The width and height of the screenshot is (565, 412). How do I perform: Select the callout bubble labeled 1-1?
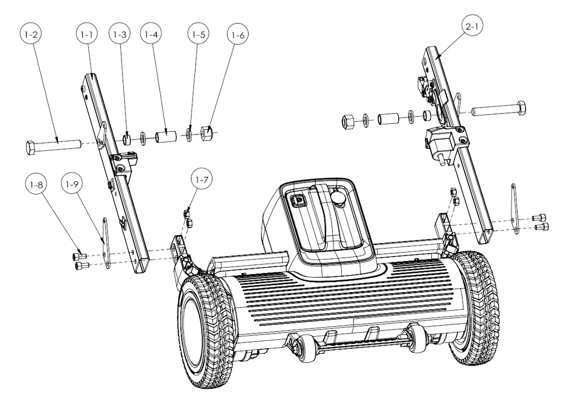pyautogui.click(x=86, y=35)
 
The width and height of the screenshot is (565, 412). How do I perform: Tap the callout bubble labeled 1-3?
pyautogui.click(x=119, y=35)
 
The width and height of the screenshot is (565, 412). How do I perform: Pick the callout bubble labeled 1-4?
pyautogui.click(x=151, y=35)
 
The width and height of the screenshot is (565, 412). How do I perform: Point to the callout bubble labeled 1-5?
pyautogui.click(x=198, y=35)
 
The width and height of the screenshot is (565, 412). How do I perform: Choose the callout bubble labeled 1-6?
pyautogui.click(x=238, y=35)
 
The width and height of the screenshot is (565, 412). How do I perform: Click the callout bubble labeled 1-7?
pyautogui.click(x=202, y=180)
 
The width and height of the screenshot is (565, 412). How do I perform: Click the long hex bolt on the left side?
pyautogui.click(x=54, y=146)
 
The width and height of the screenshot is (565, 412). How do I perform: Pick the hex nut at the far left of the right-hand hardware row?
pyautogui.click(x=348, y=120)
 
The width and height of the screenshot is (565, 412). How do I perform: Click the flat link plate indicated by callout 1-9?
pyautogui.click(x=105, y=240)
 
